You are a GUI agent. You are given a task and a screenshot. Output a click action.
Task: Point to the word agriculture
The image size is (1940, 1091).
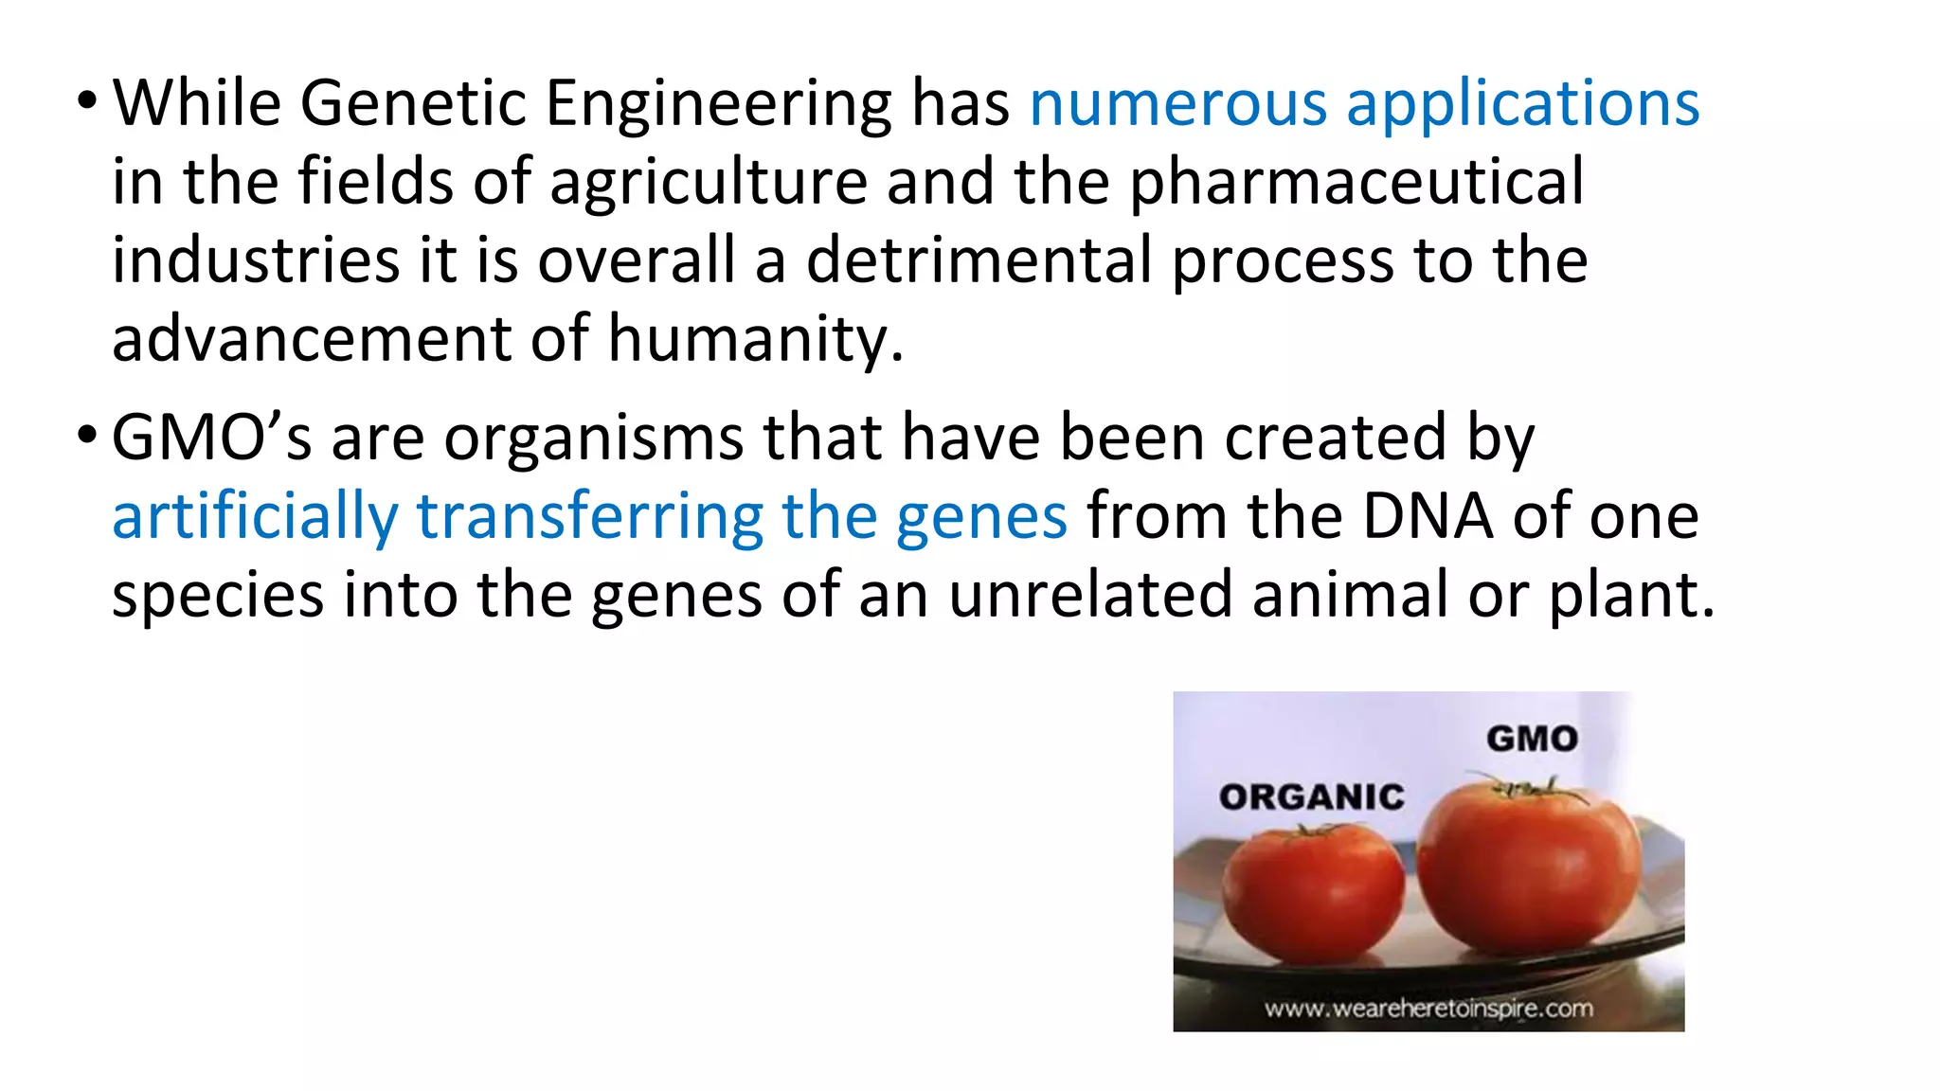point(709,182)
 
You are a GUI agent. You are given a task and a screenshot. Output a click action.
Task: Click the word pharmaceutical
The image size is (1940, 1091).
point(1356,182)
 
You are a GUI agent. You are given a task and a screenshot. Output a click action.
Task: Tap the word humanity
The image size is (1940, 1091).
point(755,338)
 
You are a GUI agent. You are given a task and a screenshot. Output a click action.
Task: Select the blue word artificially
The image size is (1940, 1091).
point(255,517)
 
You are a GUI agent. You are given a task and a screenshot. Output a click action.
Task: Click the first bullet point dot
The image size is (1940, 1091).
point(87,99)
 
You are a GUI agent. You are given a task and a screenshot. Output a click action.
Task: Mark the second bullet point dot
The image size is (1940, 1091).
point(87,436)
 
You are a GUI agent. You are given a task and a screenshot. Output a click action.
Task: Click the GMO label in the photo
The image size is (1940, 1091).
point(1532,739)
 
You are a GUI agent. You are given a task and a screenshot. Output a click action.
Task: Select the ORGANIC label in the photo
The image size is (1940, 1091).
point(1312,797)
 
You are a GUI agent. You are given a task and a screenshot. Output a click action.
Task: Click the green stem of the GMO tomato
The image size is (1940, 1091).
point(1525,787)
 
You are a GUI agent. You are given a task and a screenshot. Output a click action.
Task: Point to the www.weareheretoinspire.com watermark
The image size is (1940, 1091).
point(1428,1009)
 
